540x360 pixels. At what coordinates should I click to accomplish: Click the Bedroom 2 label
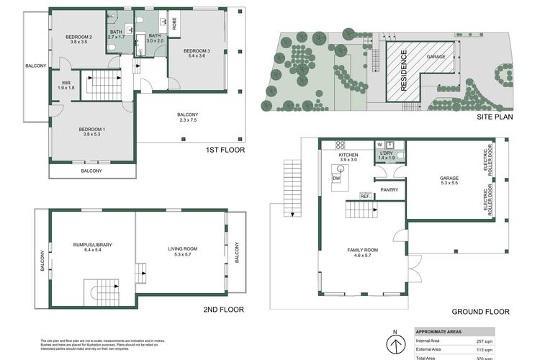coord(79,37)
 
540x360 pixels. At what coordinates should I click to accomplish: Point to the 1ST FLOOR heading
coord(225,150)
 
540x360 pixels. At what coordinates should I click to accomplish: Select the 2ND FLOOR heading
coord(224,309)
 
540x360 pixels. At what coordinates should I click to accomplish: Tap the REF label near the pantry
coord(364,196)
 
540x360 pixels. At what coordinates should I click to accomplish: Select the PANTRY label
coord(390,190)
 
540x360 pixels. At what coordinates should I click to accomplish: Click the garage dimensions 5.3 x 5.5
coord(450,183)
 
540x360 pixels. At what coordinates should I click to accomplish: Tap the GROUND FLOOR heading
coord(480,312)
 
